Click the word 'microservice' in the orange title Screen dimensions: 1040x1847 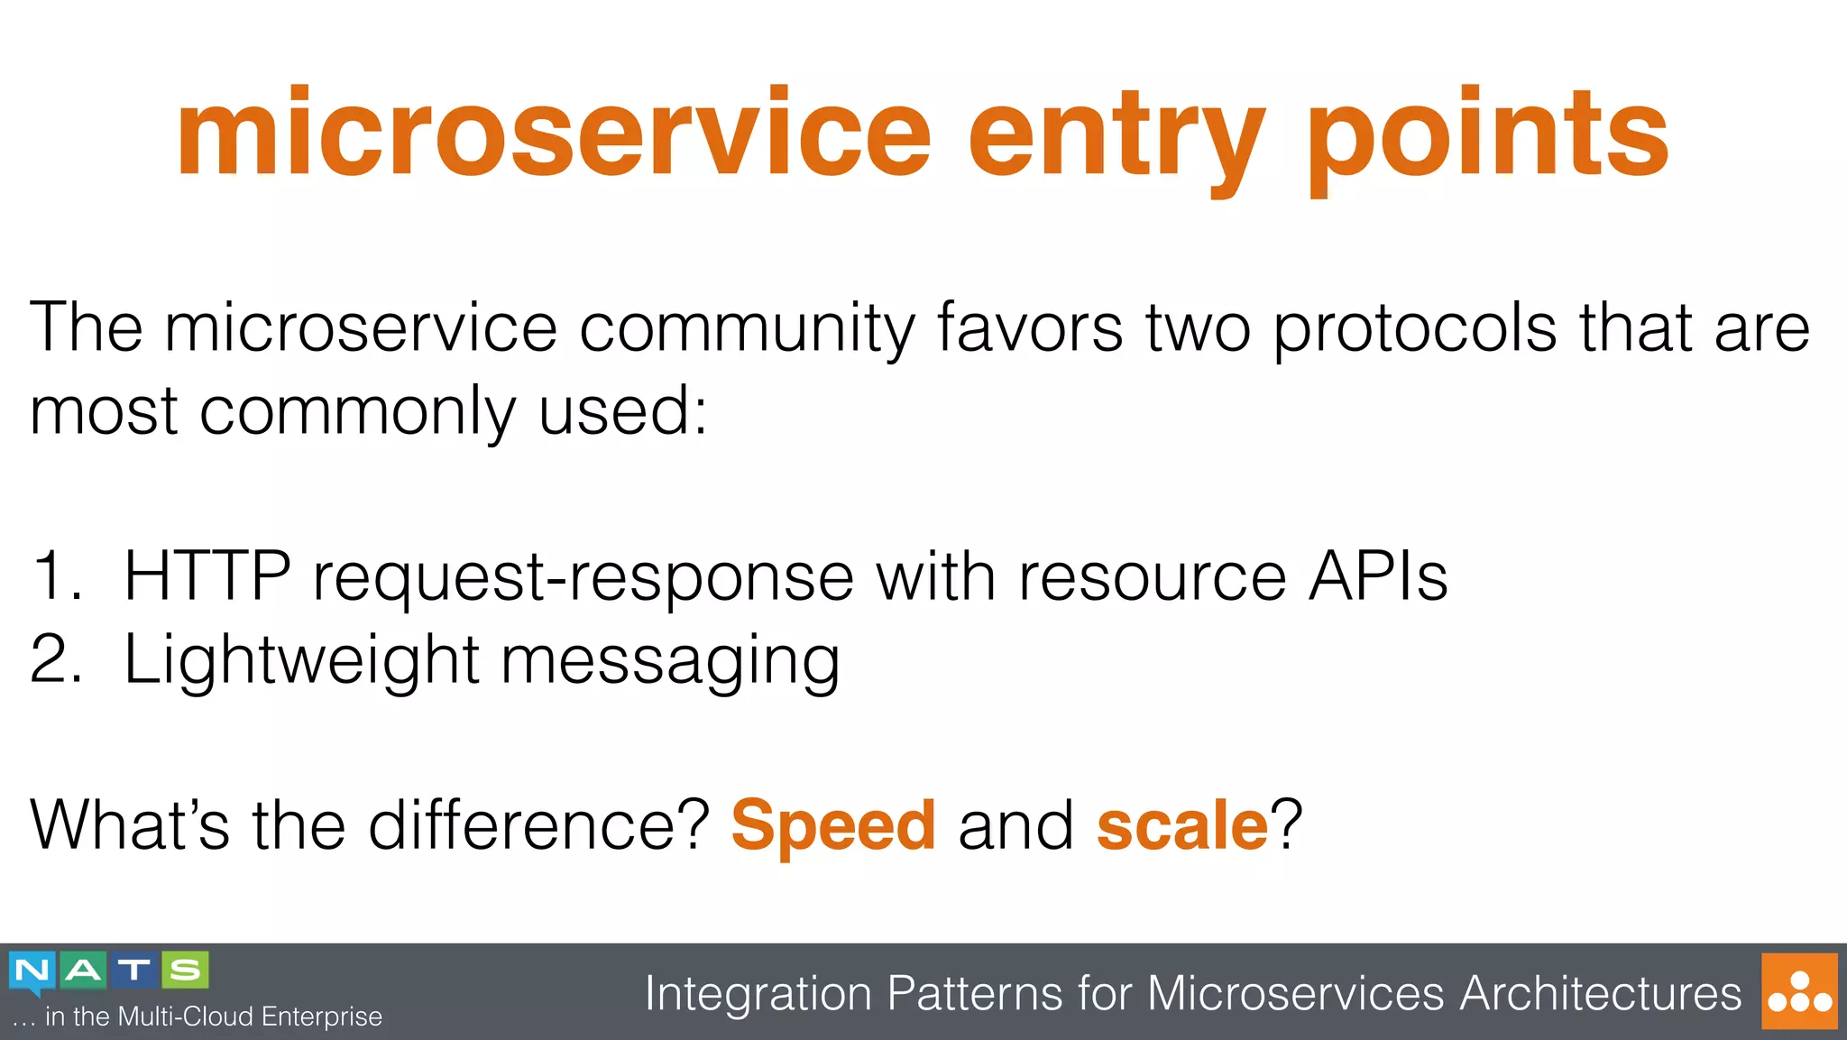pos(553,133)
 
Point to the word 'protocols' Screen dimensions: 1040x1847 pos(1415,328)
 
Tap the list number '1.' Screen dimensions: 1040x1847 pos(56,576)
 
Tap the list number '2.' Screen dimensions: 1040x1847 pos(56,659)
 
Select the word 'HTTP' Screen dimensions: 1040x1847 pos(207,576)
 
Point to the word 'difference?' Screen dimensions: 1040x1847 pos(539,824)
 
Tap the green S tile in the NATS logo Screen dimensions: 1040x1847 pos(186,971)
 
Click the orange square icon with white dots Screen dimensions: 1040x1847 pos(1799,991)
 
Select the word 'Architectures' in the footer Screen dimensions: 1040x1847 pos(1600,993)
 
